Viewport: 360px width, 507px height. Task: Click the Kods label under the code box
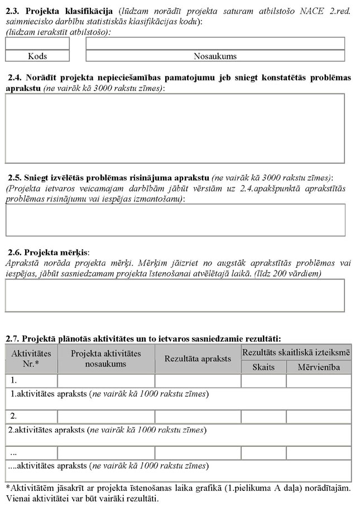coord(37,56)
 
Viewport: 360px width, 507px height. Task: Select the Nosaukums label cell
coord(215,56)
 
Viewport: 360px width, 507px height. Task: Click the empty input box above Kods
coord(37,44)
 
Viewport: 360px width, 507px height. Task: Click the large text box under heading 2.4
coord(175,128)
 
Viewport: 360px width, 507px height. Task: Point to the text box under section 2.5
coord(175,219)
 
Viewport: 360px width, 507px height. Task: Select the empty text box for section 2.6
coord(175,295)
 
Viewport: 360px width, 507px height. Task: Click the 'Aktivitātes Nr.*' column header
coord(31,359)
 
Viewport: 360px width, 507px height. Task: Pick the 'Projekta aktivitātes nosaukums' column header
coord(106,359)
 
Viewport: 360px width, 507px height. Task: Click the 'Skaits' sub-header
coord(263,367)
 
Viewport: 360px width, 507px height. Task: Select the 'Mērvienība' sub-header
coord(319,367)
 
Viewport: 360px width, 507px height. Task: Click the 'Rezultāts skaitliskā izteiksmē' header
coord(296,352)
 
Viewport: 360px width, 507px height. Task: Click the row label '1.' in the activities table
coord(15,381)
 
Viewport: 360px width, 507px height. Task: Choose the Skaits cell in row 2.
coord(263,417)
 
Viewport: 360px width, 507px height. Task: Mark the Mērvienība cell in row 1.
coord(319,381)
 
